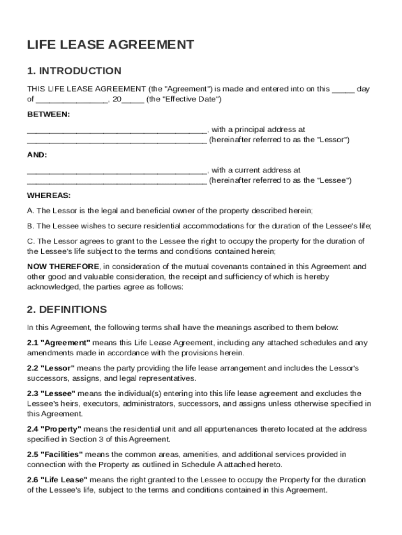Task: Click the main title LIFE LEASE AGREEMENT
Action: tap(111, 45)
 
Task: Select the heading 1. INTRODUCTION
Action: tap(74, 71)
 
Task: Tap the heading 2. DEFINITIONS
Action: tap(67, 309)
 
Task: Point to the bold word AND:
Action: tap(37, 155)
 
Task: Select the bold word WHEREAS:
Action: tap(49, 195)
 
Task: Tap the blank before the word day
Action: tap(343, 89)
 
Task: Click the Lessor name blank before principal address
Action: tap(117, 130)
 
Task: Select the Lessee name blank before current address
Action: tap(117, 170)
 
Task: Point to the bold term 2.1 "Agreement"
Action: tap(59, 343)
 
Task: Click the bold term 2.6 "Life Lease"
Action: tap(57, 480)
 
